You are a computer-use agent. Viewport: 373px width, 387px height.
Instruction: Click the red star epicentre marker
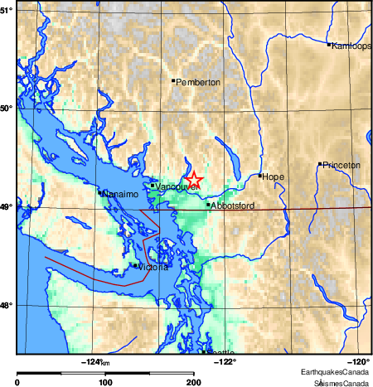[x=192, y=179]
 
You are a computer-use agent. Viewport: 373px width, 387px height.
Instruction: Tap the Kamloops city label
[x=351, y=46]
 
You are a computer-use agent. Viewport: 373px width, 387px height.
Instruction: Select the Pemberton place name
[x=199, y=83]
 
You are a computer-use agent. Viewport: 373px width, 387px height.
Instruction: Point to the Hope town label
[x=273, y=177]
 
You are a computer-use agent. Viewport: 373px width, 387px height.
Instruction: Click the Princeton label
[x=342, y=165]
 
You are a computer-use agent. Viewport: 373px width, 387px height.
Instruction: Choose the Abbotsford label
[x=231, y=205]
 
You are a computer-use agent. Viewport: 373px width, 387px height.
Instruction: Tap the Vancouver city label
[x=174, y=187]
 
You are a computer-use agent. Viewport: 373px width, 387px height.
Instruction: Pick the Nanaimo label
[x=119, y=194]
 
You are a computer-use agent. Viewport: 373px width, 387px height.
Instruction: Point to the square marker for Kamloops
[x=329, y=44]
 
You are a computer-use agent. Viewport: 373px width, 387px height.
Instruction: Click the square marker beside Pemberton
[x=173, y=80]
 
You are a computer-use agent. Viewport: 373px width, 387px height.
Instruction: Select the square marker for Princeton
[x=320, y=164]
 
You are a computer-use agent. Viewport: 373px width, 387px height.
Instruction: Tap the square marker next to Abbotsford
[x=208, y=203]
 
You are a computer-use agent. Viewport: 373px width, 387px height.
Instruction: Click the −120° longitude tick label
[x=360, y=360]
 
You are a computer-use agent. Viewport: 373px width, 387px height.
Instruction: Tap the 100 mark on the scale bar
[x=105, y=382]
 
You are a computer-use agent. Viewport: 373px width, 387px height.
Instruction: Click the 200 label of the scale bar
[x=193, y=382]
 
